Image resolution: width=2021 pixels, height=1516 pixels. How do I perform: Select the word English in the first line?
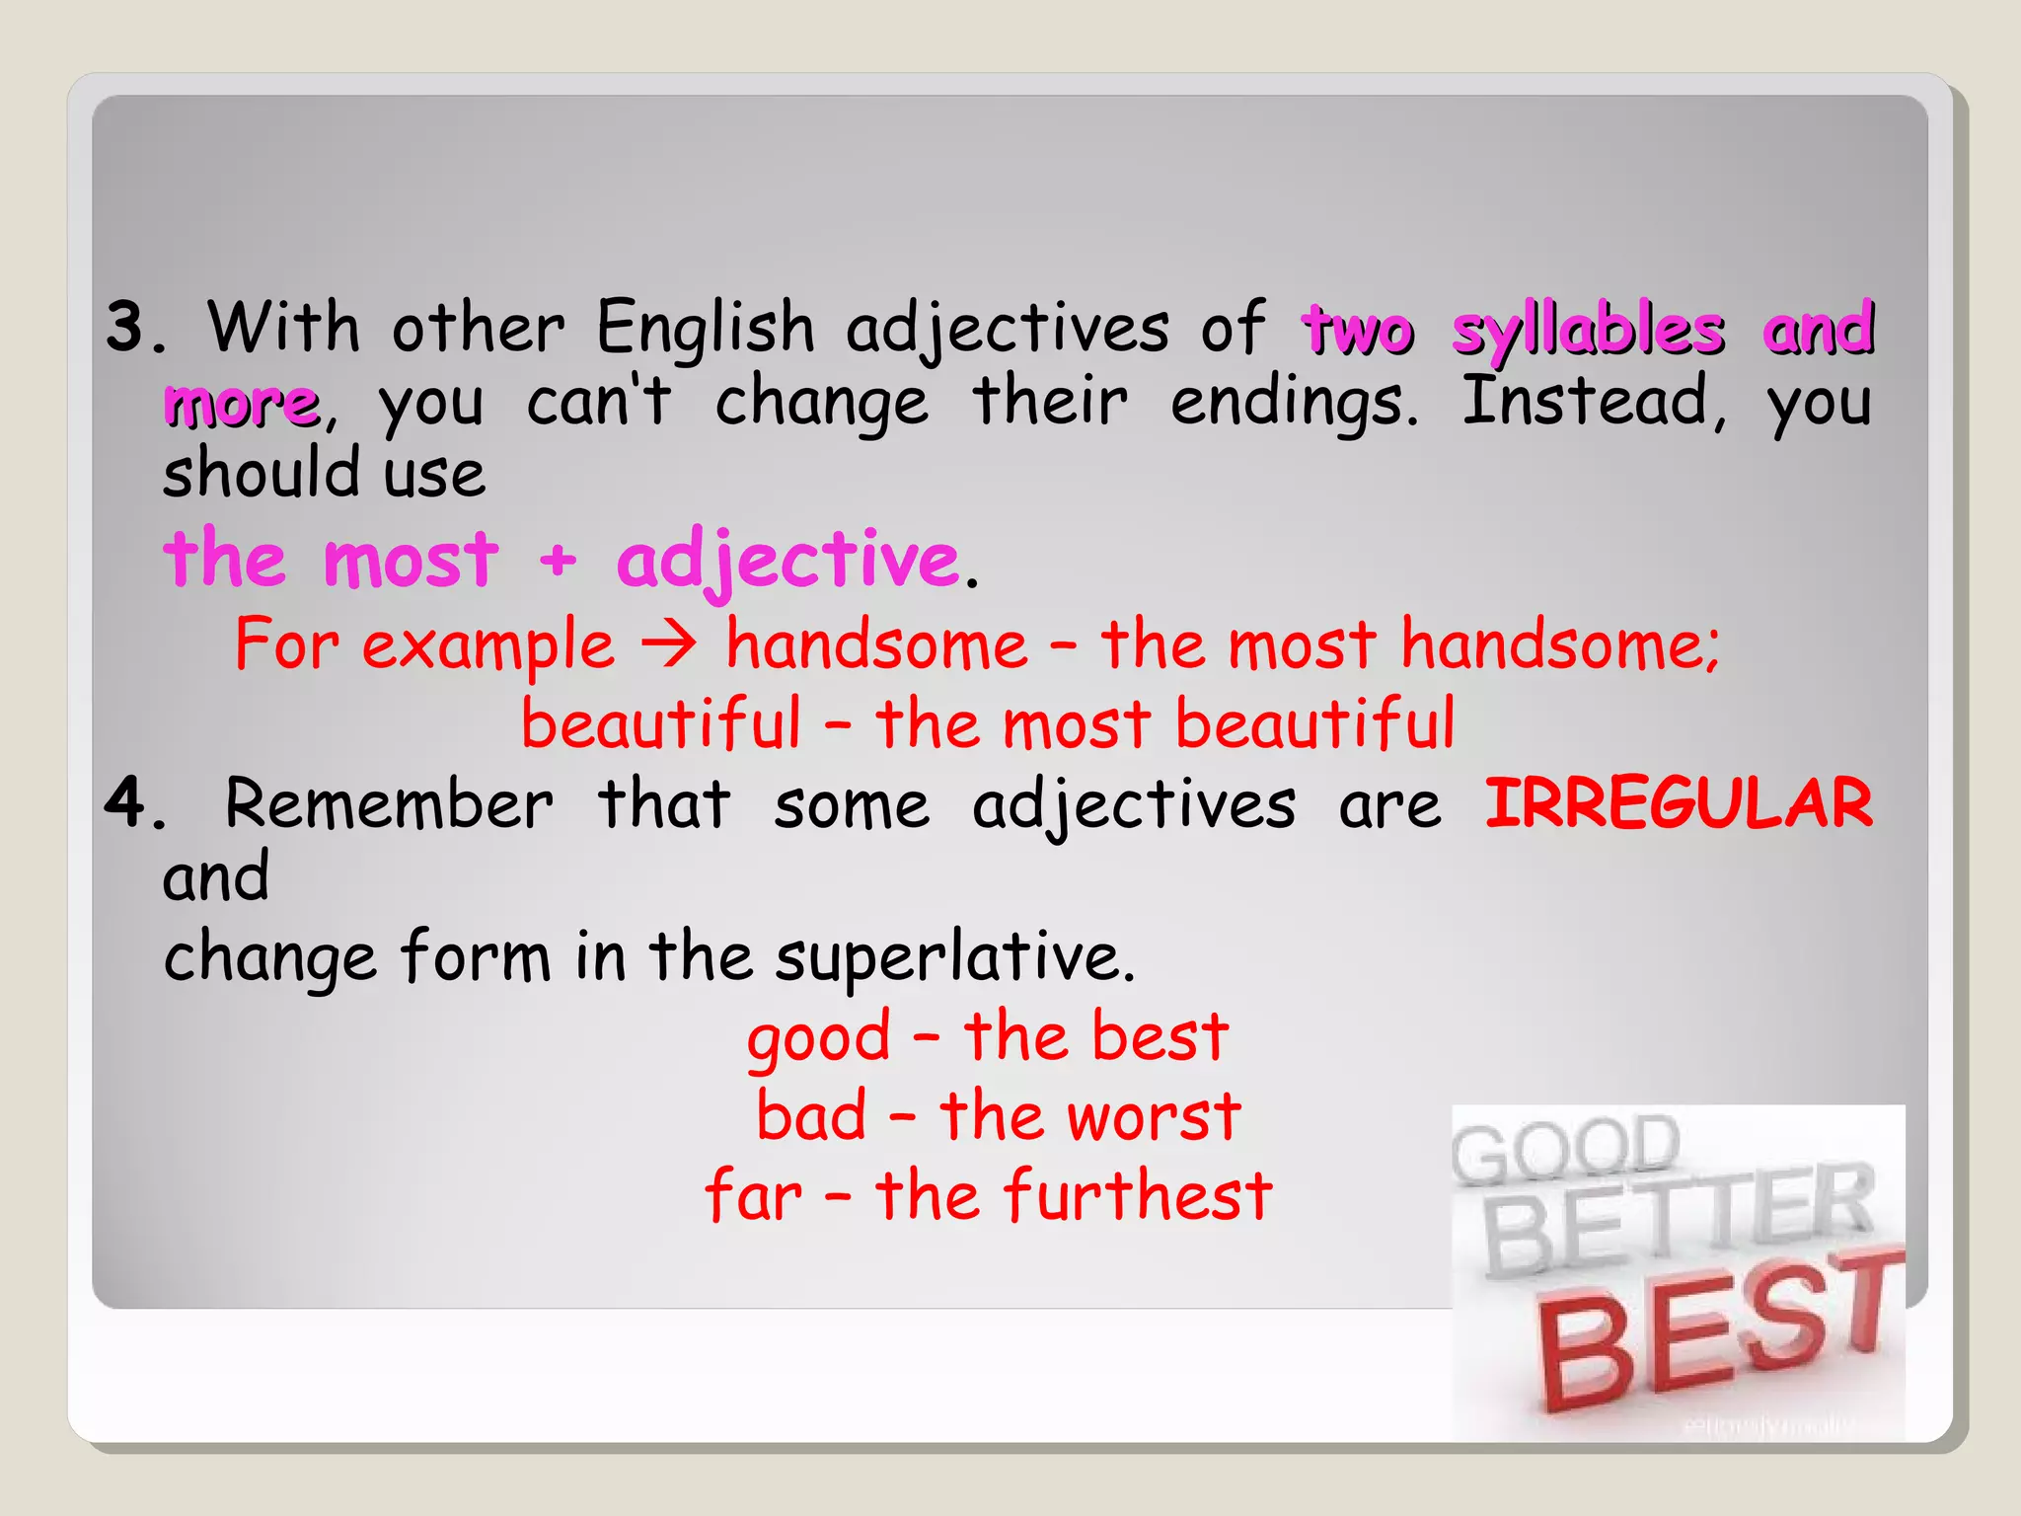705,329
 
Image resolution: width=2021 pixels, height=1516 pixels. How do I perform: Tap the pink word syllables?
1588,331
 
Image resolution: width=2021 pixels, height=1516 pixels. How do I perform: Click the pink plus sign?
558,561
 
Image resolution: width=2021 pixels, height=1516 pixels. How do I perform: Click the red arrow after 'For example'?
669,646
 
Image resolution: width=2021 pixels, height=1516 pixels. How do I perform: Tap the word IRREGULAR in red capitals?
1678,803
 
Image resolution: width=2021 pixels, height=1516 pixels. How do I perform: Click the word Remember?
389,803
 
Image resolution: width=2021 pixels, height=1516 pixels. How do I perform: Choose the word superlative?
953,957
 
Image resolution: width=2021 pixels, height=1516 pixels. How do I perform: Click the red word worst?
1155,1117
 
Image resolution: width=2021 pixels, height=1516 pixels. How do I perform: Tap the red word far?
753,1196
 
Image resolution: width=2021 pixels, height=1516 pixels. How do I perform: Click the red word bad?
811,1117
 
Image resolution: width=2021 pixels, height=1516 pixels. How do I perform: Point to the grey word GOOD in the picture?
1566,1149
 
